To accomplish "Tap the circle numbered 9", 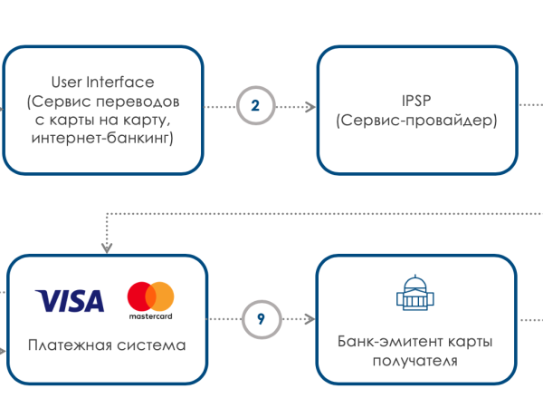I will coord(261,319).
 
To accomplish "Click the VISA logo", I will coord(70,300).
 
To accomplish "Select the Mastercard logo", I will coord(150,300).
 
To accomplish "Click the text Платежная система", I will coord(107,345).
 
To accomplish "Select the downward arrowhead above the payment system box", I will coord(106,246).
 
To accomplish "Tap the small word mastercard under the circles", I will coord(150,316).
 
